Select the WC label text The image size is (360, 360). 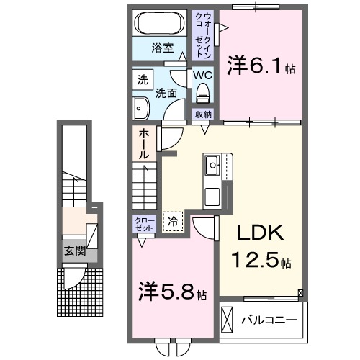coord(201,76)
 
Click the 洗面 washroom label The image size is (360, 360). coord(166,93)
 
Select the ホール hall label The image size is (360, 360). coord(144,144)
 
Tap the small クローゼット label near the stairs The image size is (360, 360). coord(141,224)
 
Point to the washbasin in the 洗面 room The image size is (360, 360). coord(140,109)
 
